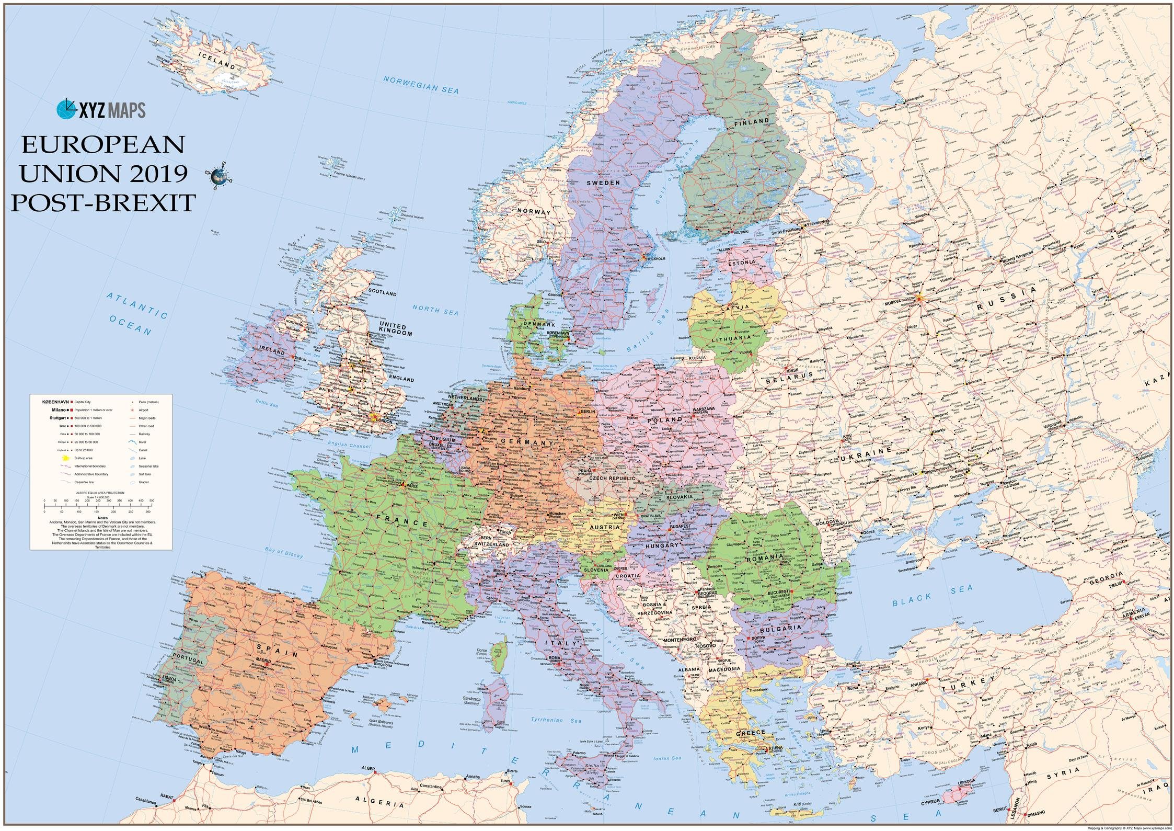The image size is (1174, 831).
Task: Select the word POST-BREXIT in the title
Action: coord(103,202)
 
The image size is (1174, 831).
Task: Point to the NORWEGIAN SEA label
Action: coord(421,84)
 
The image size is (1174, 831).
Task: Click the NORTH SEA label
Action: coord(435,310)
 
